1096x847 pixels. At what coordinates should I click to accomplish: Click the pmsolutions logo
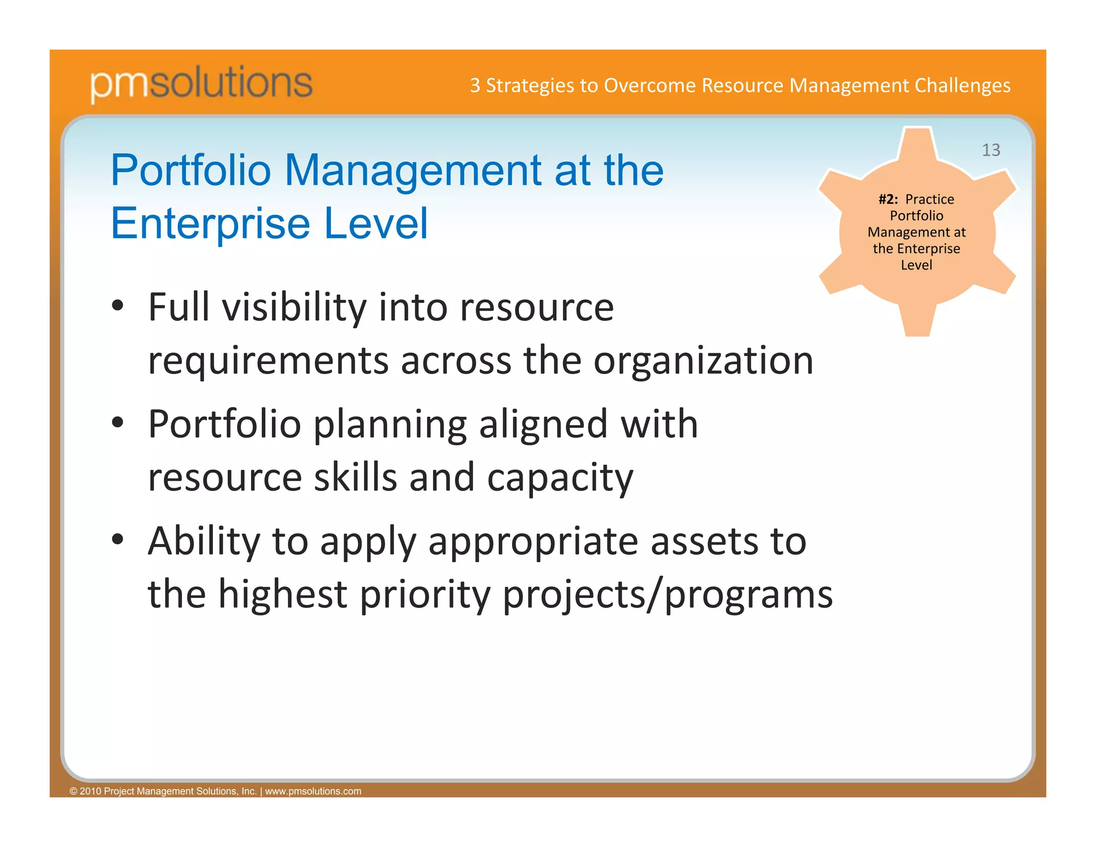(x=201, y=84)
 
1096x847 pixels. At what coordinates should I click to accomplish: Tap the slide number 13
(x=991, y=150)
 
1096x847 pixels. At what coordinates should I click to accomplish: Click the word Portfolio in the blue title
(x=191, y=170)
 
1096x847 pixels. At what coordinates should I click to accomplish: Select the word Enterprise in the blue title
(x=210, y=223)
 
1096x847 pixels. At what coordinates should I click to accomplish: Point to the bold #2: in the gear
(x=888, y=199)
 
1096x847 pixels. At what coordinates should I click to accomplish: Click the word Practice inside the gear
(x=930, y=199)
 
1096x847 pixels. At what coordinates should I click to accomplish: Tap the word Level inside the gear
(x=916, y=265)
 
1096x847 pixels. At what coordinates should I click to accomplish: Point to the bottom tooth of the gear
(x=917, y=321)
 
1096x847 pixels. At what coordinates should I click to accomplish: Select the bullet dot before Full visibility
(x=118, y=306)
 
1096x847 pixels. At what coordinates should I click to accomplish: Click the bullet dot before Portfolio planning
(x=118, y=422)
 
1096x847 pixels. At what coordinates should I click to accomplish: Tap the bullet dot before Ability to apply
(x=118, y=539)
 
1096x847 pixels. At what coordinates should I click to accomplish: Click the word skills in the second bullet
(x=355, y=477)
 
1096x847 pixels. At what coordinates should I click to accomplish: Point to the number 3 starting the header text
(x=475, y=86)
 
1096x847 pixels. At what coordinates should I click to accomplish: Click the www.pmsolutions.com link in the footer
(x=313, y=791)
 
